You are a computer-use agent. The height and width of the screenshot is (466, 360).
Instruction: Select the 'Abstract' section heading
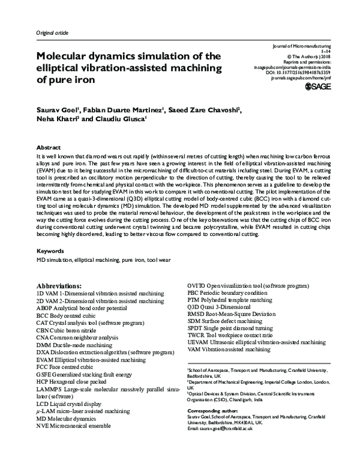[49, 147]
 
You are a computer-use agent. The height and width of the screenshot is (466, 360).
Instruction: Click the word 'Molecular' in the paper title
[67, 56]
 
